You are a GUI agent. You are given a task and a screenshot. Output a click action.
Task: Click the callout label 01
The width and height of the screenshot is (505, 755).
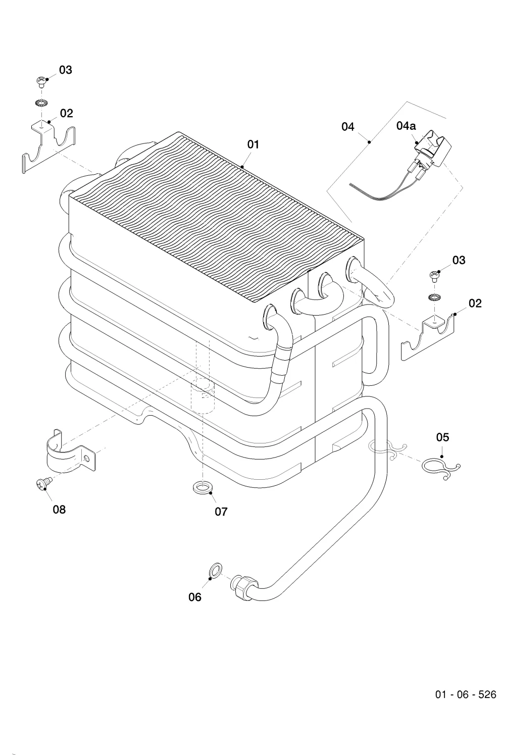(253, 144)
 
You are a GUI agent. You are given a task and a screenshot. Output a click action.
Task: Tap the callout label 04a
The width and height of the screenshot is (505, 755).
(406, 126)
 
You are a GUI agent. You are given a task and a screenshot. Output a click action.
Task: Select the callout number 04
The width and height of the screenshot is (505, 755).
(348, 127)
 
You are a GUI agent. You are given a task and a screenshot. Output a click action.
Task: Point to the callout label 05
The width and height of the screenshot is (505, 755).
(443, 437)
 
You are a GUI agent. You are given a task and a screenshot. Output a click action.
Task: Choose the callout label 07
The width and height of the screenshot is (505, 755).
(221, 512)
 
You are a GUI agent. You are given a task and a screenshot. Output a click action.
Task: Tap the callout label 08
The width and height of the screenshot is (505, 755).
(59, 509)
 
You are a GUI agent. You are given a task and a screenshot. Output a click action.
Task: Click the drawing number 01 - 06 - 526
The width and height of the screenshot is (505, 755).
(466, 694)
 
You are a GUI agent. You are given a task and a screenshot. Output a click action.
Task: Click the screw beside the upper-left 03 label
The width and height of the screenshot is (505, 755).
(41, 82)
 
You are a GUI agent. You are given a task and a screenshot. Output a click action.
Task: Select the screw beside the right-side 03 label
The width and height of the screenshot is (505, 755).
(434, 276)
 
